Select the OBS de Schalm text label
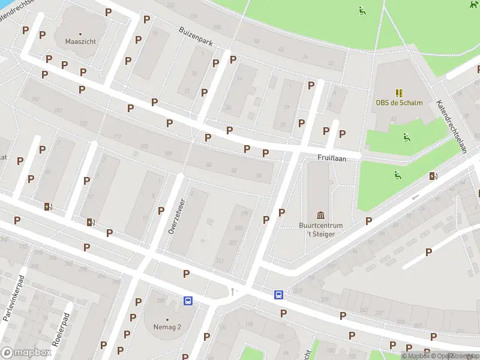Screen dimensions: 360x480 pos(399,103)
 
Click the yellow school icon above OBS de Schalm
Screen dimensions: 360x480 pos(398,92)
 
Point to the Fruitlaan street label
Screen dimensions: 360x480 pos(329,157)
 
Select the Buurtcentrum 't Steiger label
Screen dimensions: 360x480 pos(320,229)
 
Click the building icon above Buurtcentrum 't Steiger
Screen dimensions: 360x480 pos(320,215)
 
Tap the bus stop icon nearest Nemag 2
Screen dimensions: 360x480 pos(188,301)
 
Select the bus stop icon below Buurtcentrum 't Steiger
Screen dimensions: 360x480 pos(279,295)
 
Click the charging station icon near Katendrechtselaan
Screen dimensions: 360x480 pos(433,176)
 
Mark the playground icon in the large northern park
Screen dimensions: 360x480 pos(362,10)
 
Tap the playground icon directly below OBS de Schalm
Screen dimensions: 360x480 pos(407,137)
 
